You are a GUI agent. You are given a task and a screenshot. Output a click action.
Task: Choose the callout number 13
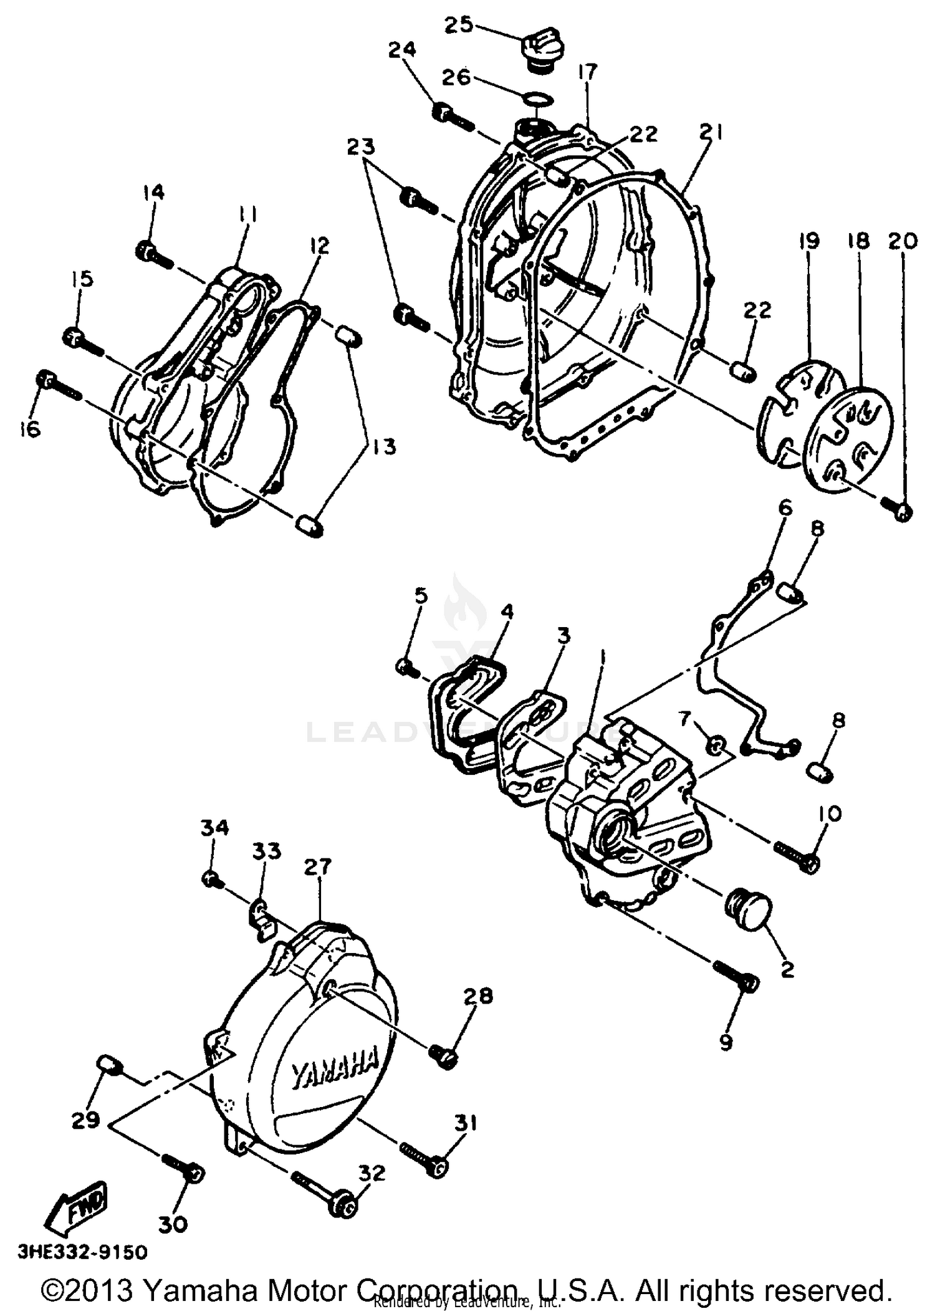pos(385,446)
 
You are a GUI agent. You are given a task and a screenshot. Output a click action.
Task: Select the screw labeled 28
pos(444,1055)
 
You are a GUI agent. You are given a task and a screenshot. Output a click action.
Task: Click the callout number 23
pos(361,147)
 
